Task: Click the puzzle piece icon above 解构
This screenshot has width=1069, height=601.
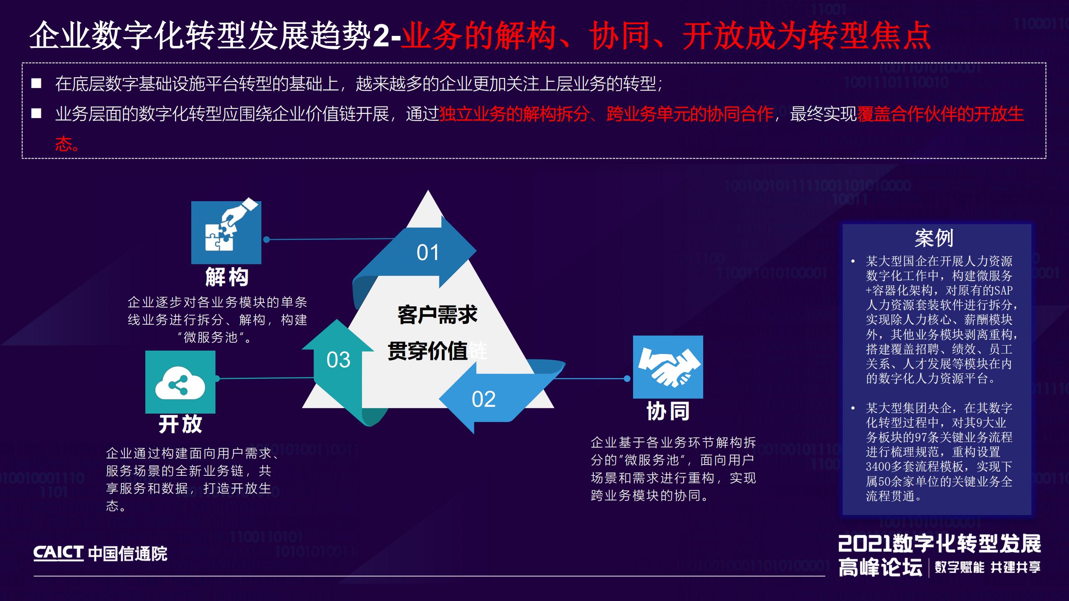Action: (226, 232)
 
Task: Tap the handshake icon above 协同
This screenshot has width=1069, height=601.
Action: (668, 367)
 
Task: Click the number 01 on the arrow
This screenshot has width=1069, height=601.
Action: (428, 253)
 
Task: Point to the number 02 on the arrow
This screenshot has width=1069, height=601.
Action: (484, 399)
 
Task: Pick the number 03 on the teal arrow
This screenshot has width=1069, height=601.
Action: (338, 360)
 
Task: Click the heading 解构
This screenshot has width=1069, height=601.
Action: (227, 277)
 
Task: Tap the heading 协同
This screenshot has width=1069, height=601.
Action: (668, 411)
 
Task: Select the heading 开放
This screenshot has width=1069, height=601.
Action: (180, 424)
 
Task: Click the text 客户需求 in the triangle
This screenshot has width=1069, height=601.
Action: (437, 315)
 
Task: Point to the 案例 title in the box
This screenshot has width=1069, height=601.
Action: (934, 238)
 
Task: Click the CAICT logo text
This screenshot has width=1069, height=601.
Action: (58, 553)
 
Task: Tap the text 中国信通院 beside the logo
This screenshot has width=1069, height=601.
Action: (128, 554)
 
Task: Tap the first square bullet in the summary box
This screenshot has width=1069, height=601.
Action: (36, 83)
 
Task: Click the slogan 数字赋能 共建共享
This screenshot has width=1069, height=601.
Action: (987, 567)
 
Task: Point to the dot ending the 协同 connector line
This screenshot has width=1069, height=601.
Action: (627, 379)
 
